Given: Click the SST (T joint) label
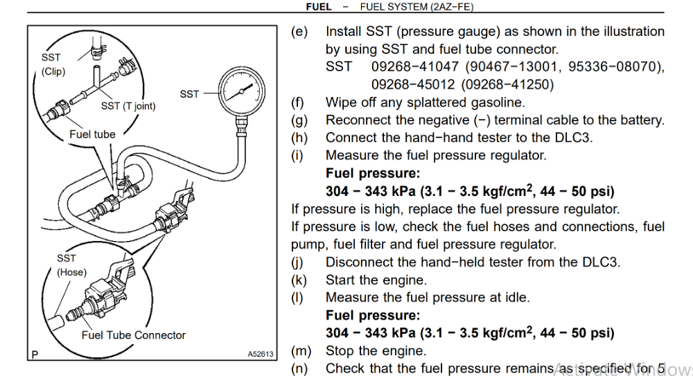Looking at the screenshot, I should coord(128,106).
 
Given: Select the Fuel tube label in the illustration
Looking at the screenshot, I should coord(92,134).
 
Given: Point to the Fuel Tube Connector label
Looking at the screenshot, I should coord(134,335).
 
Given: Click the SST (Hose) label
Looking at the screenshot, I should coord(71,265).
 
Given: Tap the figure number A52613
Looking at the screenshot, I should coord(261,354).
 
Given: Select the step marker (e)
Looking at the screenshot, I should coord(299,32).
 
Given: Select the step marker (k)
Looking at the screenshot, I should coord(299,280).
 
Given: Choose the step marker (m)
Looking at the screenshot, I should coord(301,351).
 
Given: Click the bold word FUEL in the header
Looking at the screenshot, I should coord(319,6).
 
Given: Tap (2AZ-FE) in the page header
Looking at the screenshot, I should coord(451,6).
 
